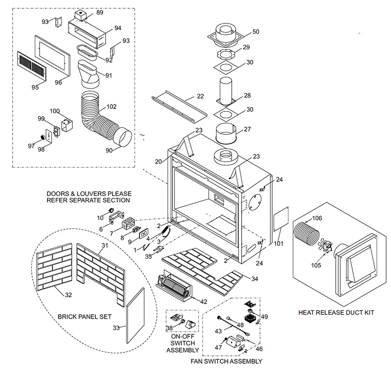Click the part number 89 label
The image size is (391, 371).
(x=100, y=12)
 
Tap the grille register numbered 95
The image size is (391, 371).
(x=32, y=66)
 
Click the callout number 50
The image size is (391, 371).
(x=256, y=32)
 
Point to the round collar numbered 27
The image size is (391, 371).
(x=226, y=133)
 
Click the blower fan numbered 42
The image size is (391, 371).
(x=174, y=286)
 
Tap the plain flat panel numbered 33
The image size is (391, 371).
(x=135, y=316)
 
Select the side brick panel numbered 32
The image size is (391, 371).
(x=54, y=267)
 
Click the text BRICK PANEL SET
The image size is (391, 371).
(x=85, y=317)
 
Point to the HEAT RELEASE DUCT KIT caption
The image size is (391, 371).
(x=336, y=312)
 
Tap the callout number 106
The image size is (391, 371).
(x=317, y=218)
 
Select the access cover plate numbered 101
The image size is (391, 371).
(x=281, y=218)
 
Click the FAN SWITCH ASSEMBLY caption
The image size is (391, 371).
(x=226, y=361)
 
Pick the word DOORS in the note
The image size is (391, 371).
(x=58, y=194)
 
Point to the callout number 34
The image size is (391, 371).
(x=255, y=279)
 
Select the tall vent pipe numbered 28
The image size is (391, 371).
(x=226, y=92)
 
